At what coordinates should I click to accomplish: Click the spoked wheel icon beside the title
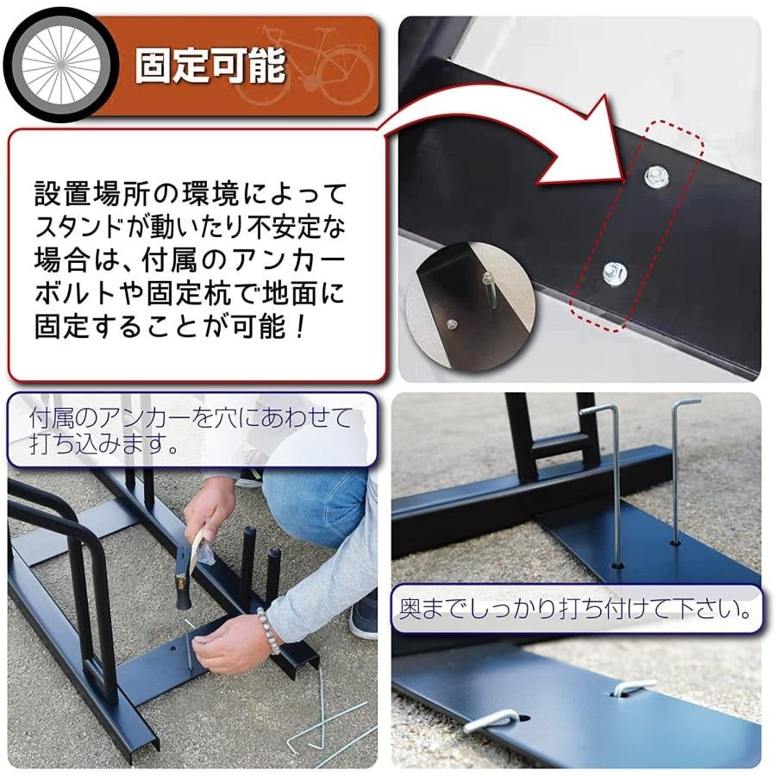61,65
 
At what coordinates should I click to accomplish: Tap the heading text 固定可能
210,66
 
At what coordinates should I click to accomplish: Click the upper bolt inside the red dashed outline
657,176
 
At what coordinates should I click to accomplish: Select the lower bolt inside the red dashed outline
615,273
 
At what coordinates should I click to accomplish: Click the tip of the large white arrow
623,176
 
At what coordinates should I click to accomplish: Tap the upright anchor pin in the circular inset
488,292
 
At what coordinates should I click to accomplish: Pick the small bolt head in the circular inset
451,324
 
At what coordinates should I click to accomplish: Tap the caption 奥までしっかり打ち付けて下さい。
576,610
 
